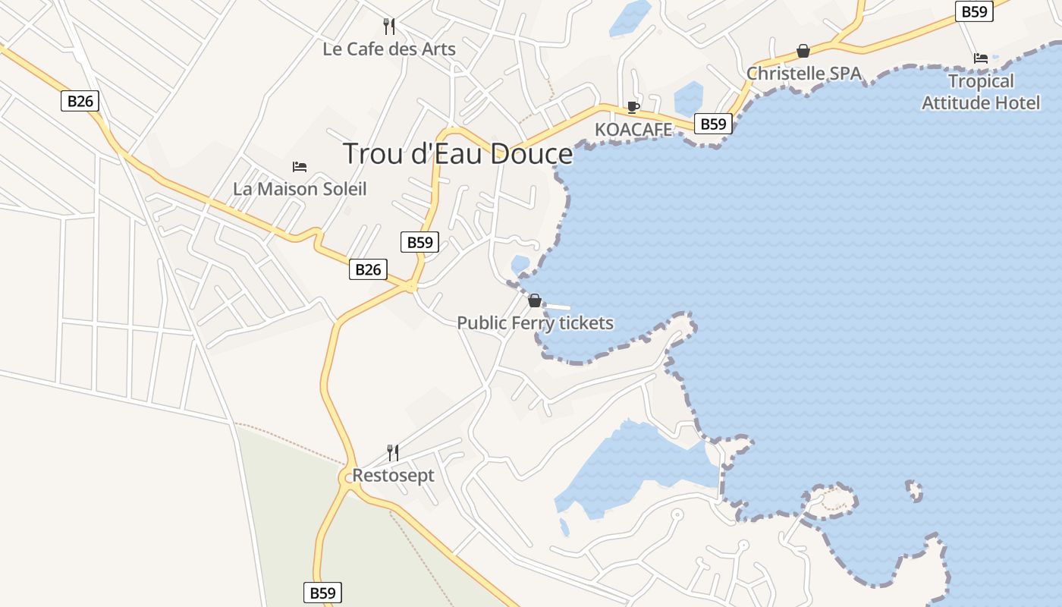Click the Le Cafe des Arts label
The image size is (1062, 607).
(389, 49)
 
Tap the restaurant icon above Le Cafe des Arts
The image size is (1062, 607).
(389, 27)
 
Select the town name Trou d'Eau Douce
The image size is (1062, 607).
(458, 154)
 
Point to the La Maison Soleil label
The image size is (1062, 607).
(300, 189)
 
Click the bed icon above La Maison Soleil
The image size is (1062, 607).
(300, 167)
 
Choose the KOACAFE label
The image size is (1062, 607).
(633, 130)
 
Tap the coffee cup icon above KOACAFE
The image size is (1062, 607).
(633, 107)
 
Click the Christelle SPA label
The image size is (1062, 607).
(804, 74)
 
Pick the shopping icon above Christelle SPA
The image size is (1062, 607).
(803, 51)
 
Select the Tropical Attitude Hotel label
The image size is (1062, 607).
(981, 92)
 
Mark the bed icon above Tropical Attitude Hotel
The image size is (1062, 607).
(981, 58)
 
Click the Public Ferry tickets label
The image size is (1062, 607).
(535, 323)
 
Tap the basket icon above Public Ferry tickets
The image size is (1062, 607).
(535, 300)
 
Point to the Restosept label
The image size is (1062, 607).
(393, 476)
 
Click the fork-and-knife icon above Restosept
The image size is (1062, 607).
(393, 453)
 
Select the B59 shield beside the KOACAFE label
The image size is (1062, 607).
(713, 124)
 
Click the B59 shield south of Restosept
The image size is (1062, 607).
(322, 593)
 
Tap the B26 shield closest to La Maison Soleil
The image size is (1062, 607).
(368, 269)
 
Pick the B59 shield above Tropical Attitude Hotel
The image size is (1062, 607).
(974, 11)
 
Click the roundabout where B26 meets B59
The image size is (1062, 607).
(410, 287)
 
